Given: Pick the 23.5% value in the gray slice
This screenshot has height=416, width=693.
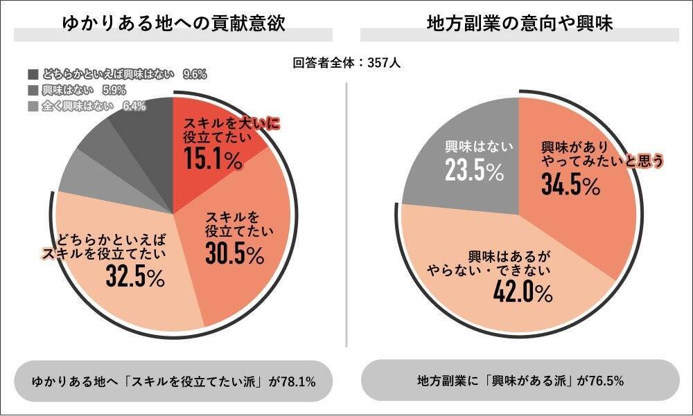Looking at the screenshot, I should click(474, 170).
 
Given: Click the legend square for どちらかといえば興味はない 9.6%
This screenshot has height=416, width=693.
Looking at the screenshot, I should click(33, 73).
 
